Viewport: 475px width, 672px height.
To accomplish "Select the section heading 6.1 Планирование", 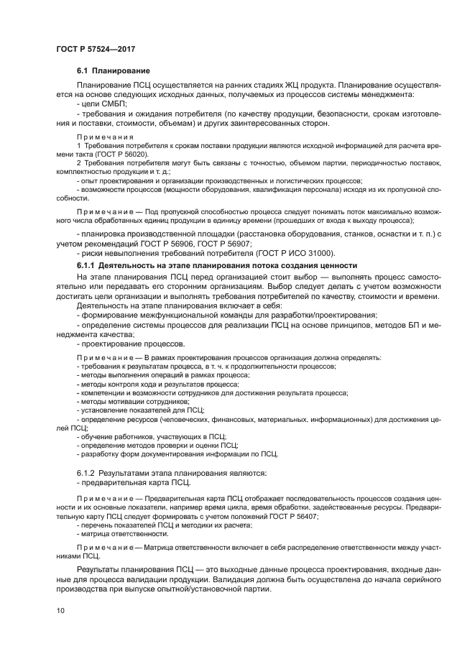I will [113, 71].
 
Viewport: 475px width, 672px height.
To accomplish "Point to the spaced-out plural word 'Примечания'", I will [104, 136].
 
